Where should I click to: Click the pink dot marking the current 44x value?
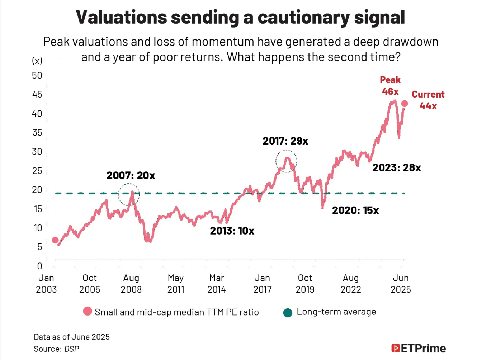point(405,104)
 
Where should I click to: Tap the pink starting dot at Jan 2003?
point(55,240)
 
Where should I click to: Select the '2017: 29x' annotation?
point(285,141)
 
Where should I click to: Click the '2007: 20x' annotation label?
point(131,175)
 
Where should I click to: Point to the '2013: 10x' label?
point(232,231)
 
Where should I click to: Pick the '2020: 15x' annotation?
point(355,210)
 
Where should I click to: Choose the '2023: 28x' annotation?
point(396,167)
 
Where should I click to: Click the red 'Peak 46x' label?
point(390,86)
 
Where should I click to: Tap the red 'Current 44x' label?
point(428,100)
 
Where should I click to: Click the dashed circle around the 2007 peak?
point(129,194)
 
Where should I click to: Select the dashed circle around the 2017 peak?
point(286,161)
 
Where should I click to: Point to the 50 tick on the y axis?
point(37,75)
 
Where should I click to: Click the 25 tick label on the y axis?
point(37,171)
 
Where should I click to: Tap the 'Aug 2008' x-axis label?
point(131,284)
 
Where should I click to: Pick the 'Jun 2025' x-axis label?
point(401,284)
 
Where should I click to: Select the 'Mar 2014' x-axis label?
point(217,284)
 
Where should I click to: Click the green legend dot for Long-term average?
point(288,313)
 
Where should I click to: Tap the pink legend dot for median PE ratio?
point(88,311)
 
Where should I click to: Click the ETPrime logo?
point(419,348)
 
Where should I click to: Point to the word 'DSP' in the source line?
point(72,349)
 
